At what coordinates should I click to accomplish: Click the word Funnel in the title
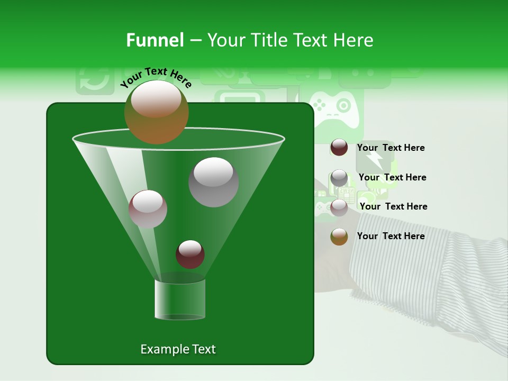point(155,40)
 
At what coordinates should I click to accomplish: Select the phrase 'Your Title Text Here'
point(290,40)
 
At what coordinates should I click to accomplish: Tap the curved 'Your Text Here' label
point(156,77)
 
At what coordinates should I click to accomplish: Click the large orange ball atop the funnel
point(156,112)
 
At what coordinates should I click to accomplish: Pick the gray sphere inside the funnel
point(213,182)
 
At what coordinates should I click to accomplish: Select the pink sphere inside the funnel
point(148,209)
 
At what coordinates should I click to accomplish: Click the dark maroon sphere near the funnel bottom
point(190,254)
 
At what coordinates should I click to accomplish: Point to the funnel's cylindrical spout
point(180,300)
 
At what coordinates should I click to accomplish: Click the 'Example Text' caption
point(178,349)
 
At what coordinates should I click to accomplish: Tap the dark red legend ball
point(339,148)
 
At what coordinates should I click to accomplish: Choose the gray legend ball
point(339,178)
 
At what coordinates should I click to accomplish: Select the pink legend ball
point(339,207)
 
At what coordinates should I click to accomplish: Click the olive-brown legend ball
point(339,237)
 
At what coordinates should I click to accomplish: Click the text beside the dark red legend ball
point(391,148)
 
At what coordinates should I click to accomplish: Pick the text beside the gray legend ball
point(392,177)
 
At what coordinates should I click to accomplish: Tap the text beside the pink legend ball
point(393,206)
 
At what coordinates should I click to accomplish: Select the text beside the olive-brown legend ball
point(391,236)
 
